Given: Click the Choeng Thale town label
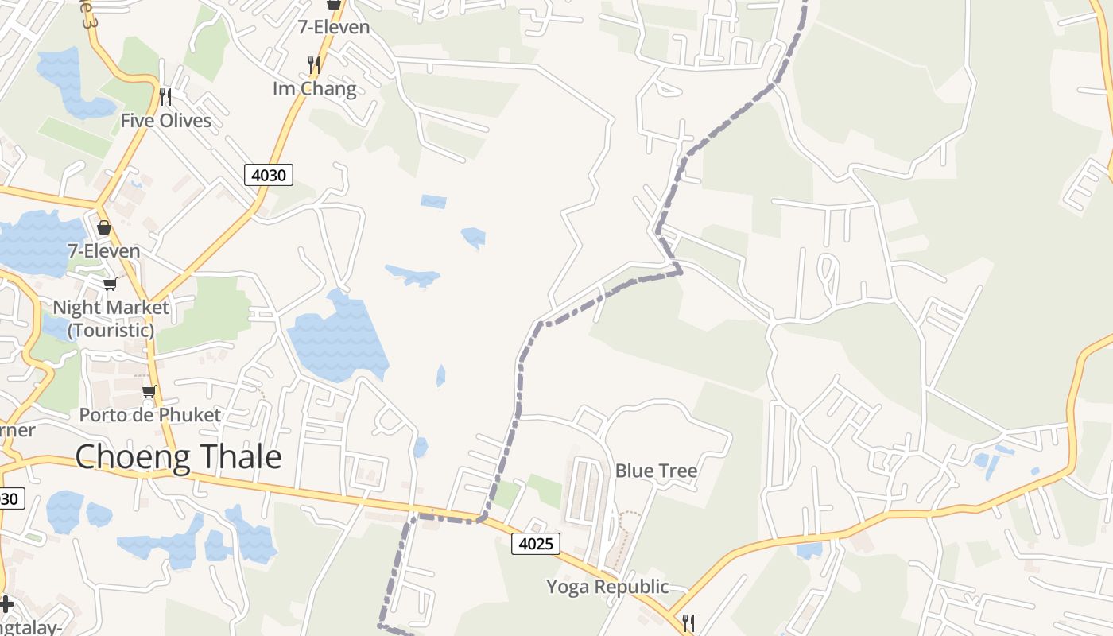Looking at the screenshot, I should tap(178, 457).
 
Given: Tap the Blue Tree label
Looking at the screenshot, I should tap(656, 471).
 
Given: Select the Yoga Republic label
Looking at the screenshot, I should tap(607, 587).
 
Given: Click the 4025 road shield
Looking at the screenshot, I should tap(536, 544).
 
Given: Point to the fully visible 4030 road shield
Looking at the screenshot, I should tap(269, 174).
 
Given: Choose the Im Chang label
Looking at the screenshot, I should tap(314, 88).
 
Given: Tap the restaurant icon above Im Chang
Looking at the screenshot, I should tap(314, 64).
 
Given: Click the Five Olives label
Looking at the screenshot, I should tap(166, 121).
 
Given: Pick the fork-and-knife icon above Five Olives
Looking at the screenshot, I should tap(165, 97).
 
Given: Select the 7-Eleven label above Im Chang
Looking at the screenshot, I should tap(334, 27).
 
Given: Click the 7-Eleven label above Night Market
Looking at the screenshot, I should tap(104, 251).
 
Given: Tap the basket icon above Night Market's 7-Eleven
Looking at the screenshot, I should tap(104, 228).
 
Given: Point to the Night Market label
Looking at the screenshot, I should tap(111, 308).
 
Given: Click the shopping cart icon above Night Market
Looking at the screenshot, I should tap(110, 284).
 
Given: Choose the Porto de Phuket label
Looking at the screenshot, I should tap(149, 415).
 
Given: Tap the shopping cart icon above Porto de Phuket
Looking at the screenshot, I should tap(149, 390).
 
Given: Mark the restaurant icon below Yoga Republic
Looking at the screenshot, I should tap(688, 622).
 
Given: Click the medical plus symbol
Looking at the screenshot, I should tap(6, 604).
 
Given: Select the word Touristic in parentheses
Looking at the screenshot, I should tap(111, 330).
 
